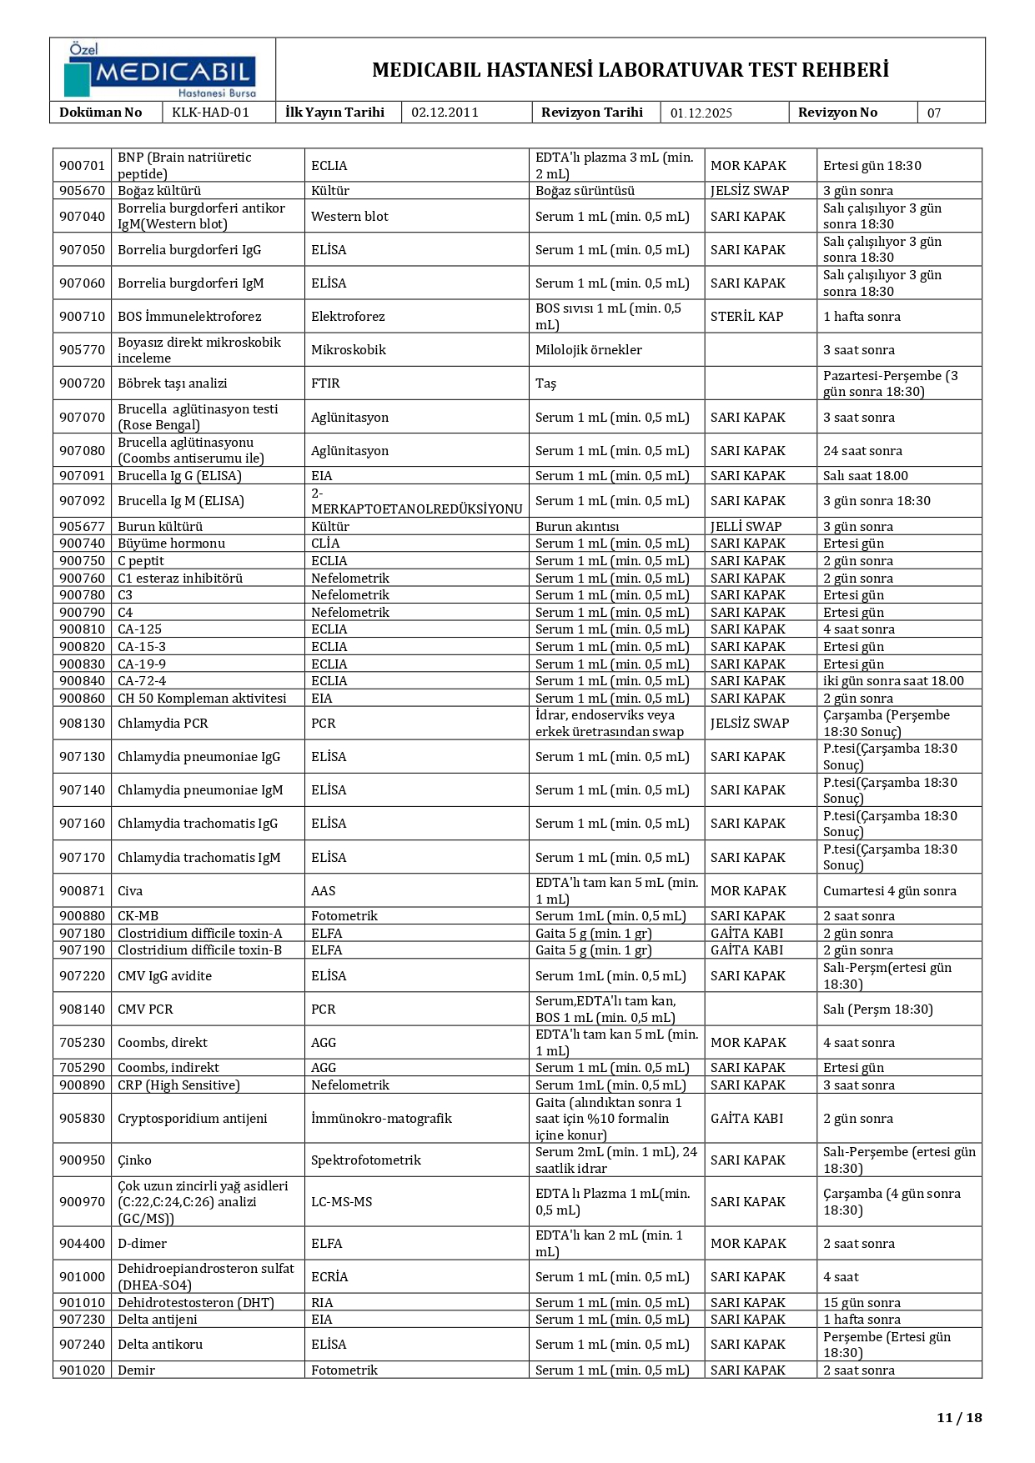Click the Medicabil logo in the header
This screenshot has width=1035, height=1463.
click(x=161, y=70)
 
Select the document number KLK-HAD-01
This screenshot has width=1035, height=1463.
click(x=210, y=113)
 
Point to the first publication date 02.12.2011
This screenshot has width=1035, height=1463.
click(x=445, y=113)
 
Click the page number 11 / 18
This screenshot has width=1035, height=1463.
click(x=959, y=1417)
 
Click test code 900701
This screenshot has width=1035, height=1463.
click(x=82, y=166)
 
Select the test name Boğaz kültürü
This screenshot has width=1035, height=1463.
click(x=158, y=191)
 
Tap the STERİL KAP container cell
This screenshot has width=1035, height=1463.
click(x=746, y=317)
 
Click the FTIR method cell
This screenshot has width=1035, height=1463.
click(x=325, y=383)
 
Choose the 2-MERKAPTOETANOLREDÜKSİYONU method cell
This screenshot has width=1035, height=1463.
click(x=416, y=501)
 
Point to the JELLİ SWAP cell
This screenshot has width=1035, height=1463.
click(x=746, y=527)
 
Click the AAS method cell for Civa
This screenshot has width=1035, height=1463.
click(x=323, y=891)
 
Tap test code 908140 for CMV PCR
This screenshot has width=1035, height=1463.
click(x=82, y=1010)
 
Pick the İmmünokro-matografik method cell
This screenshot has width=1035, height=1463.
click(x=381, y=1119)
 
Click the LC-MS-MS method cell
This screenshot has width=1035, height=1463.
click(x=341, y=1202)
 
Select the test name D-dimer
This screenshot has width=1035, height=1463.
click(x=142, y=1244)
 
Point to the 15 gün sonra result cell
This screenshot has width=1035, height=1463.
click(x=862, y=1303)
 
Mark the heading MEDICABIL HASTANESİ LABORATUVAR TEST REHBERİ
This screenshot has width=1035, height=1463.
click(x=630, y=70)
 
